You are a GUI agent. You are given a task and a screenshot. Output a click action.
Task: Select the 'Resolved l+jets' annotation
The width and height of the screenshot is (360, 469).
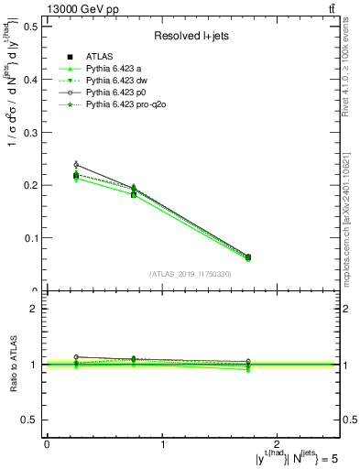[x=192, y=37]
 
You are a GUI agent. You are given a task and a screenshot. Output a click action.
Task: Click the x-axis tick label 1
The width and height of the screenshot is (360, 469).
[x=162, y=442]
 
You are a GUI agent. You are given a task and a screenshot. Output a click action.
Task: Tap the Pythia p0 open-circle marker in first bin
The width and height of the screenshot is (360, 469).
[x=76, y=165]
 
